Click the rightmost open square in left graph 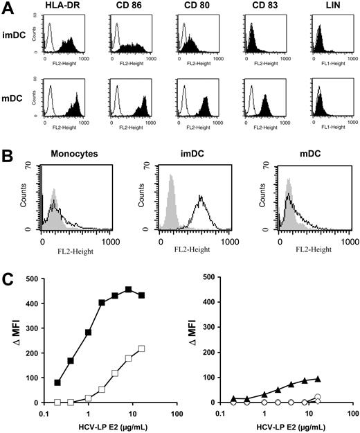coord(141,348)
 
